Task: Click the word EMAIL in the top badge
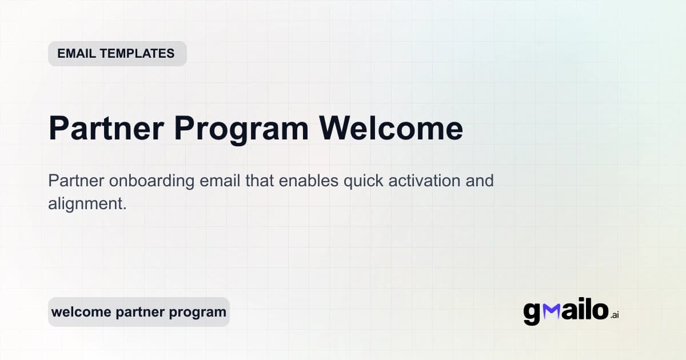pyautogui.click(x=77, y=54)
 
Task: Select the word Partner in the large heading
pyautogui.click(x=105, y=128)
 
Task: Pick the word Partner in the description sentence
pyautogui.click(x=76, y=181)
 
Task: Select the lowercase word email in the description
pyautogui.click(x=220, y=181)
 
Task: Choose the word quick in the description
pyautogui.click(x=362, y=182)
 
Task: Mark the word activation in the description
pyautogui.click(x=426, y=181)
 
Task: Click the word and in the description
pyautogui.click(x=479, y=181)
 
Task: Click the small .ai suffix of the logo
pyautogui.click(x=615, y=315)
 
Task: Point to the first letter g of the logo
pyautogui.click(x=532, y=313)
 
